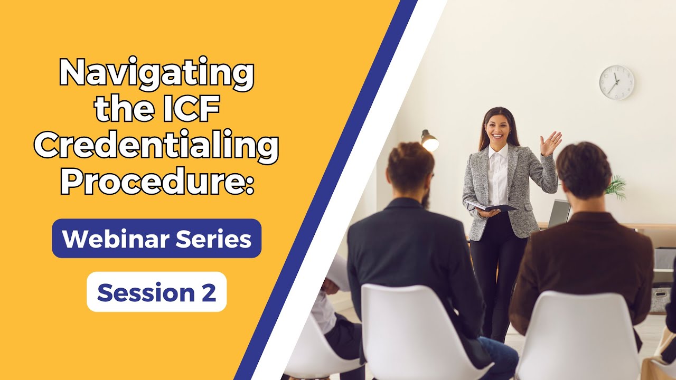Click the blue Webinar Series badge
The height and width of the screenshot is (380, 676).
(156, 239)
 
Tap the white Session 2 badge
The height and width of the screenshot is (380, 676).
(156, 292)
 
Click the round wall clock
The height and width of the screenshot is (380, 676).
(616, 83)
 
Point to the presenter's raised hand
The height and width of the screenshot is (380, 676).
(550, 143)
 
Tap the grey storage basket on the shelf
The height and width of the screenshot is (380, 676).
(660, 298)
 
